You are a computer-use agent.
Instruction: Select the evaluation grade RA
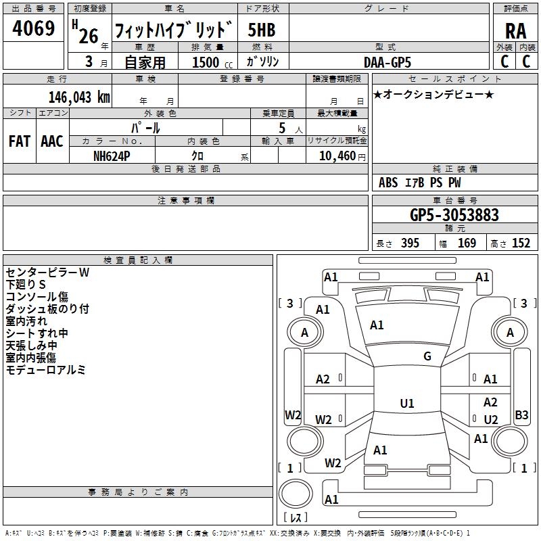pos(515,31)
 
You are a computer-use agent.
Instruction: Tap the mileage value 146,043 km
pos(79,97)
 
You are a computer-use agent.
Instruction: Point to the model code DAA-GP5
pos(387,62)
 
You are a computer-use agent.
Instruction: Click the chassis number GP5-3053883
pos(454,215)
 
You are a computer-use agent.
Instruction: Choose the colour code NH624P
pos(112,154)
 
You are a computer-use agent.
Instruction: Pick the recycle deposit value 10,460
pos(336,156)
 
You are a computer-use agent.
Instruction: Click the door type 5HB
pos(262,30)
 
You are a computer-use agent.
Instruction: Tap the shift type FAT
pos(19,141)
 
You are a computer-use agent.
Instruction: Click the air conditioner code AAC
pos(52,141)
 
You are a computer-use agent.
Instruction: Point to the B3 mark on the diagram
pos(521,415)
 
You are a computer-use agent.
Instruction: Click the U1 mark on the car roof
pos(406,404)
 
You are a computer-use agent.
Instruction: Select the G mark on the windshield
pos(427,356)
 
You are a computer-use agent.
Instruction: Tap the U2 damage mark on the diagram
pos(490,420)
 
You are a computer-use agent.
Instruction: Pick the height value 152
pos(521,243)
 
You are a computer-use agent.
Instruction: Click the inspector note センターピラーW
pos(47,273)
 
